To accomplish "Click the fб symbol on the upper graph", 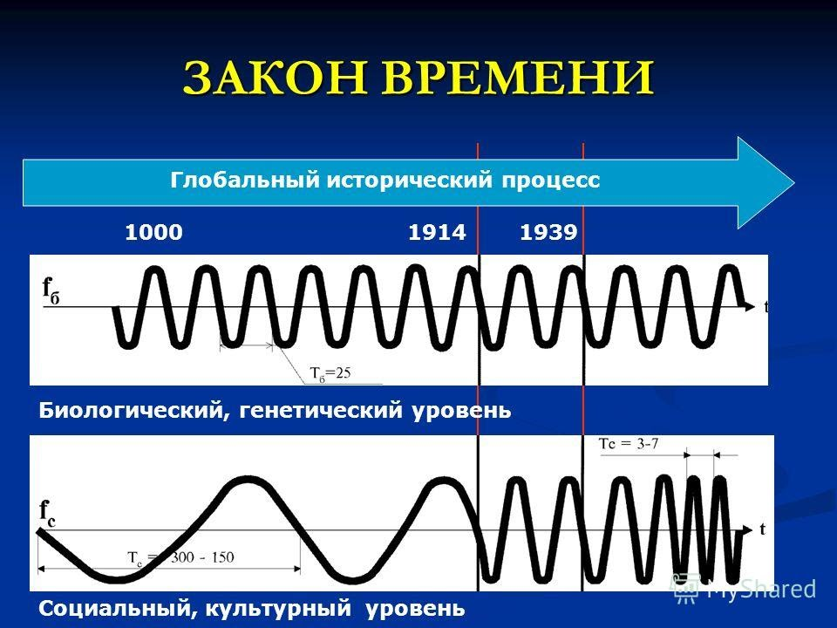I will click(x=51, y=289).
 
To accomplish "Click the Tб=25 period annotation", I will click(x=330, y=374).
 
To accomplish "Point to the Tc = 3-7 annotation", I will click(x=629, y=443).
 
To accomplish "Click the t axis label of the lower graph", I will click(x=763, y=529).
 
